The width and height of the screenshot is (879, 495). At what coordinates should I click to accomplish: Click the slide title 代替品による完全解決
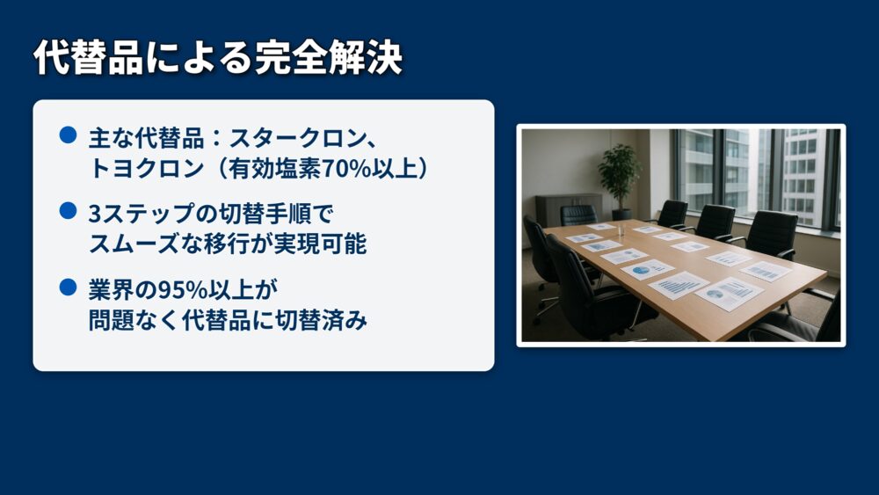(x=217, y=57)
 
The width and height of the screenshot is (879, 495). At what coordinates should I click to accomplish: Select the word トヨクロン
(x=146, y=168)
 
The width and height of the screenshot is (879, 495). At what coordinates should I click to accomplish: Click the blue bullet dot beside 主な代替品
(x=68, y=135)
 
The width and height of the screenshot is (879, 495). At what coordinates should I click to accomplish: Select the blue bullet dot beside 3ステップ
(x=68, y=211)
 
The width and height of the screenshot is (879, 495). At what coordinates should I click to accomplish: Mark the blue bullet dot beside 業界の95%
(x=68, y=287)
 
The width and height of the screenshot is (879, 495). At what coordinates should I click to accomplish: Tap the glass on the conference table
(x=621, y=229)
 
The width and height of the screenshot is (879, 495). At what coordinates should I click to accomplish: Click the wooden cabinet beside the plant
(x=567, y=210)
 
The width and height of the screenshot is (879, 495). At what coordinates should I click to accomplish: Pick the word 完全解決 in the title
(x=329, y=57)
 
